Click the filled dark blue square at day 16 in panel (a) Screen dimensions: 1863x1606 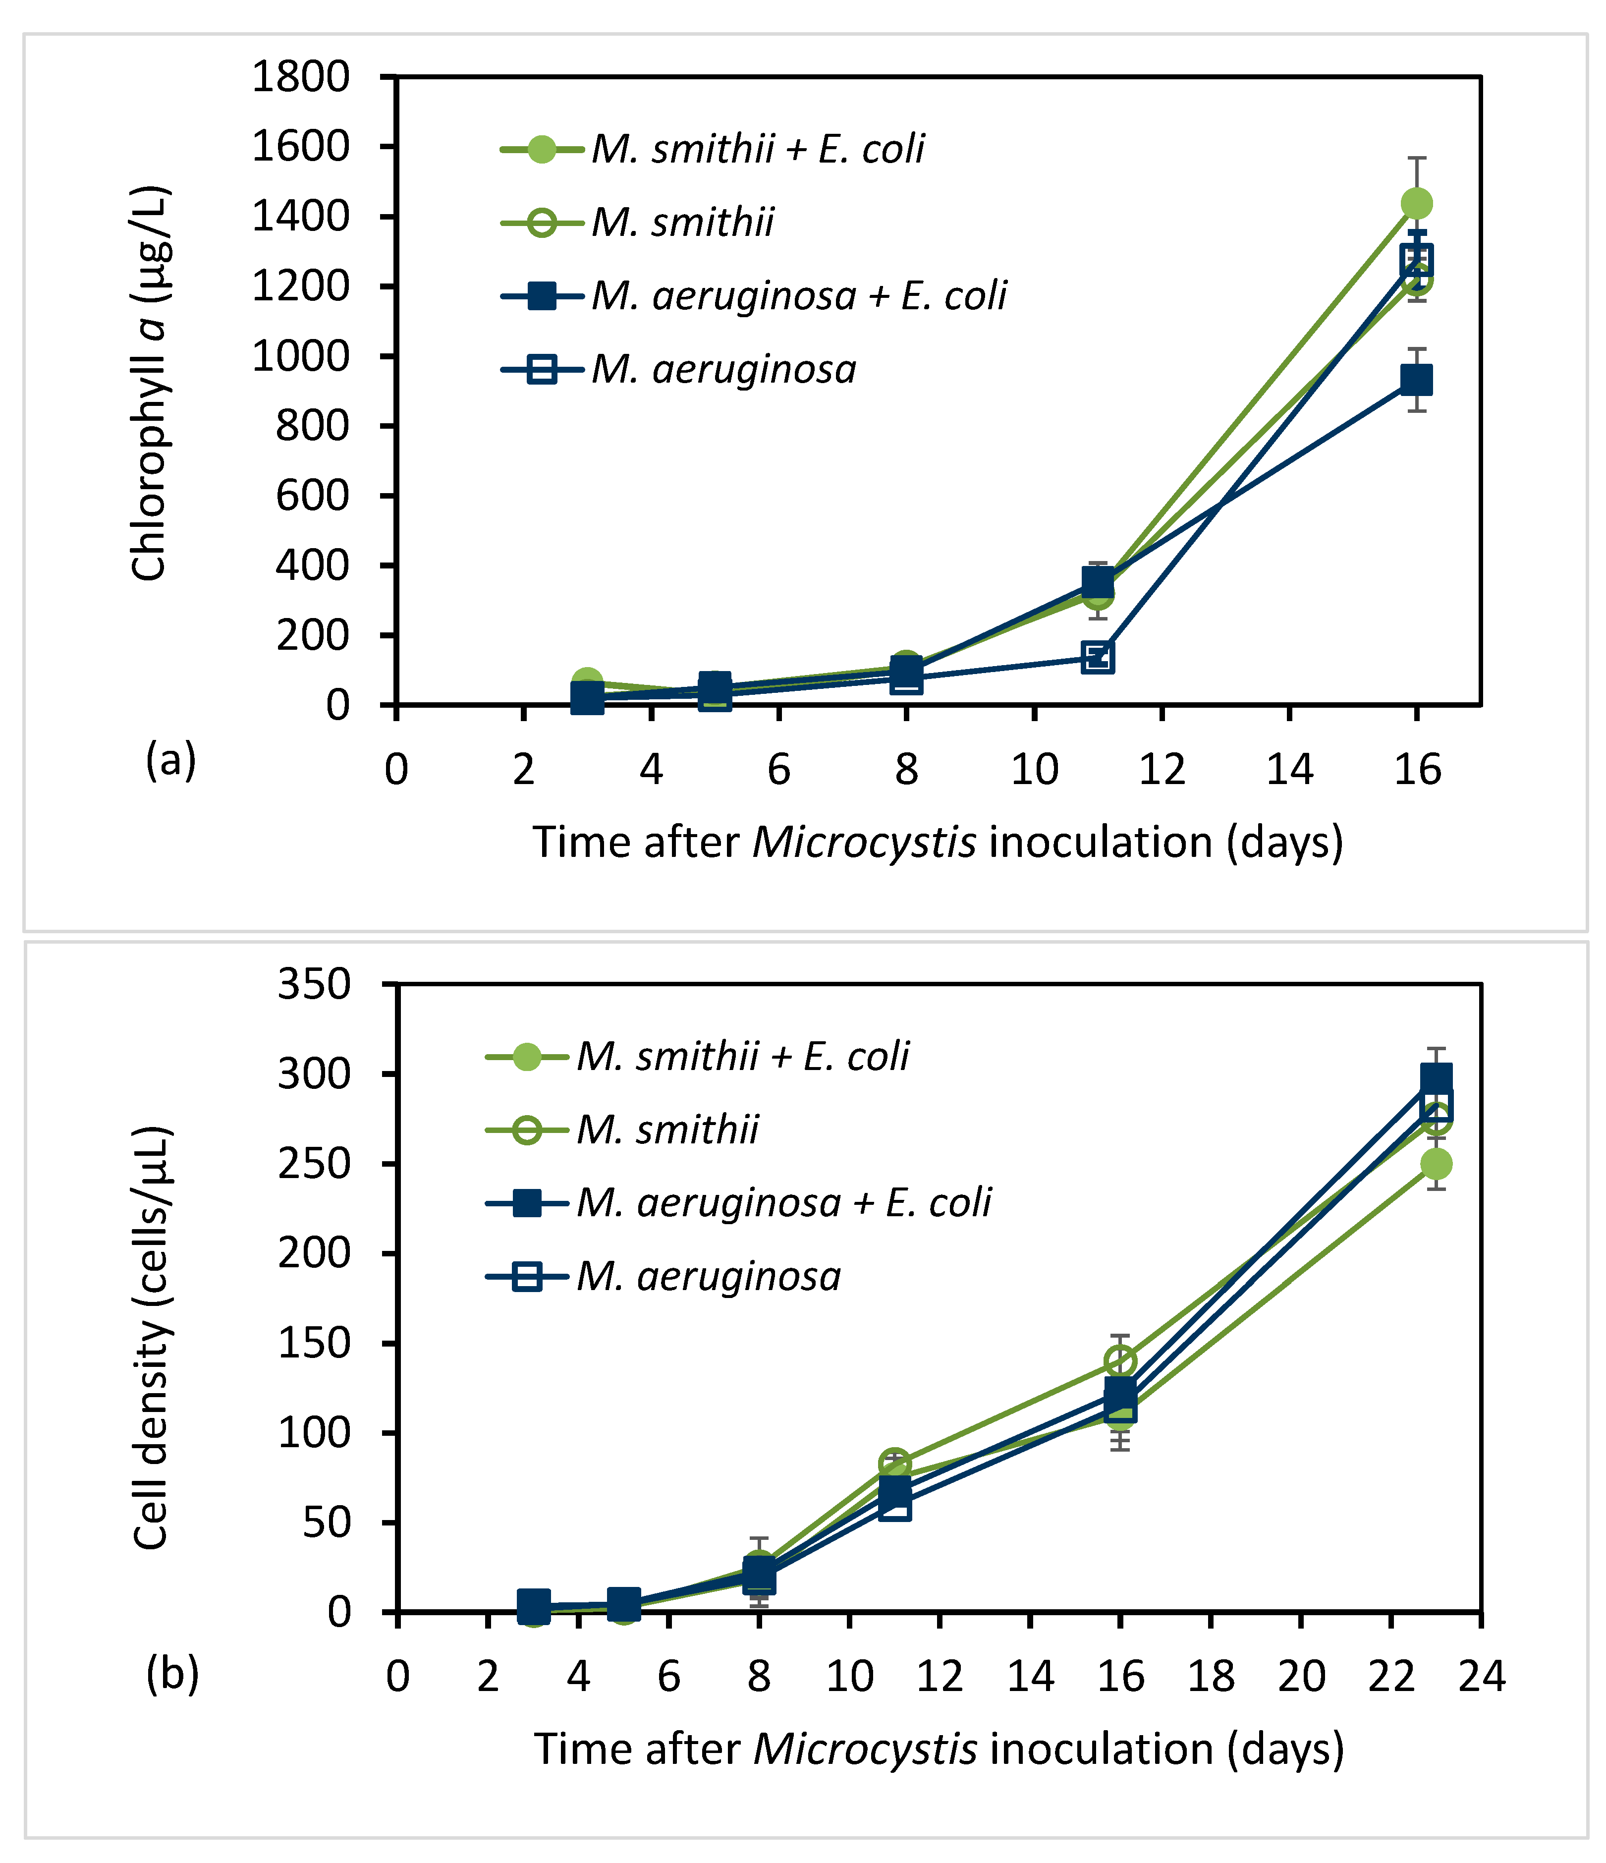pyautogui.click(x=1416, y=380)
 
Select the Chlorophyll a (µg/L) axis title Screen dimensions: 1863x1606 pyautogui.click(x=149, y=385)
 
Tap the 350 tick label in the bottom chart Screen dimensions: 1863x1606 pyautogui.click(x=313, y=985)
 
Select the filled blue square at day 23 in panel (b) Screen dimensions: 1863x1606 pyautogui.click(x=1436, y=1078)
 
